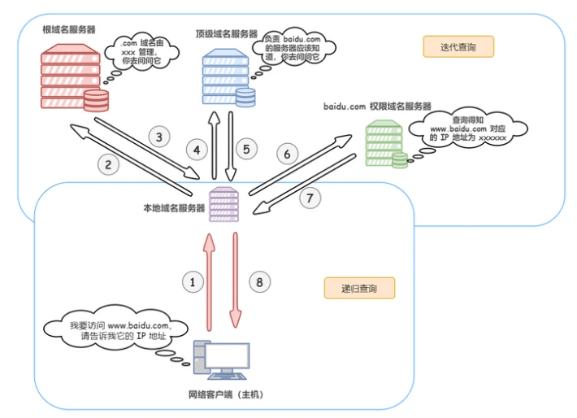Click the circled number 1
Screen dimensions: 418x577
point(193,282)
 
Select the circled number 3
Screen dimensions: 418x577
point(160,136)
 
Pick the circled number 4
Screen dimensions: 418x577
point(196,149)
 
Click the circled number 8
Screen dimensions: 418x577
point(258,282)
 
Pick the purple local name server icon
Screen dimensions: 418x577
point(223,206)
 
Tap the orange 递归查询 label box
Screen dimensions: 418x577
point(358,288)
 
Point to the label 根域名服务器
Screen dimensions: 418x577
point(69,28)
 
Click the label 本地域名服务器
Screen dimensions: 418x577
point(173,207)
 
